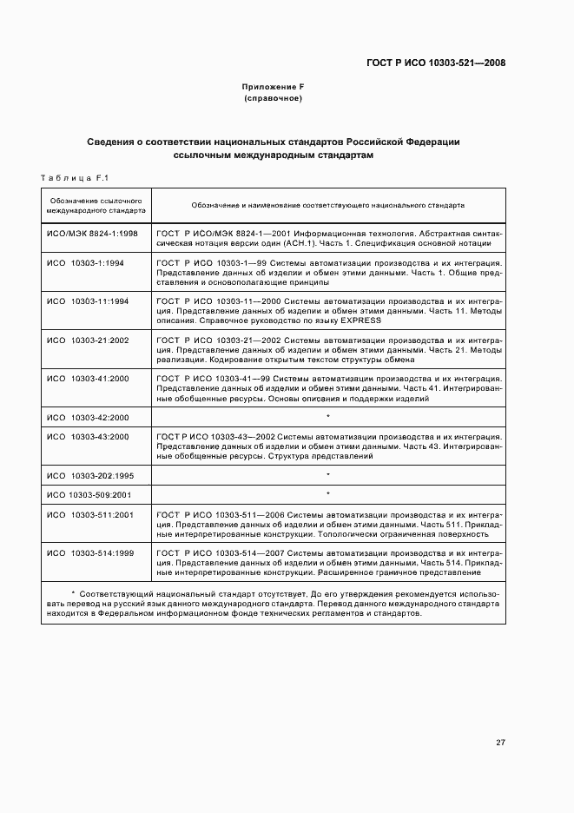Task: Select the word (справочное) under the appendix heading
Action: [x=273, y=99]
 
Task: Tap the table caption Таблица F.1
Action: [x=73, y=178]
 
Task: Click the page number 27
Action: [x=500, y=743]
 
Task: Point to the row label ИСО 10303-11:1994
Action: [x=87, y=301]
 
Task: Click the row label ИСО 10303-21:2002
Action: [x=87, y=340]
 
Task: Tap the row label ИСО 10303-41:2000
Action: [x=87, y=379]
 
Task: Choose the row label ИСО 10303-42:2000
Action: [x=87, y=418]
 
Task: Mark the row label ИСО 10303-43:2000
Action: [x=87, y=436]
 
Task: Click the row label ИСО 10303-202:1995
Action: [x=89, y=475]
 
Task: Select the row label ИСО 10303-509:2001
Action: [x=89, y=494]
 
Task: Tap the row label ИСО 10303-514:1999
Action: [x=89, y=552]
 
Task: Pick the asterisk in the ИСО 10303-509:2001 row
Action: [x=328, y=494]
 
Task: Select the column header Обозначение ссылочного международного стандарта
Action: [x=96, y=206]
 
